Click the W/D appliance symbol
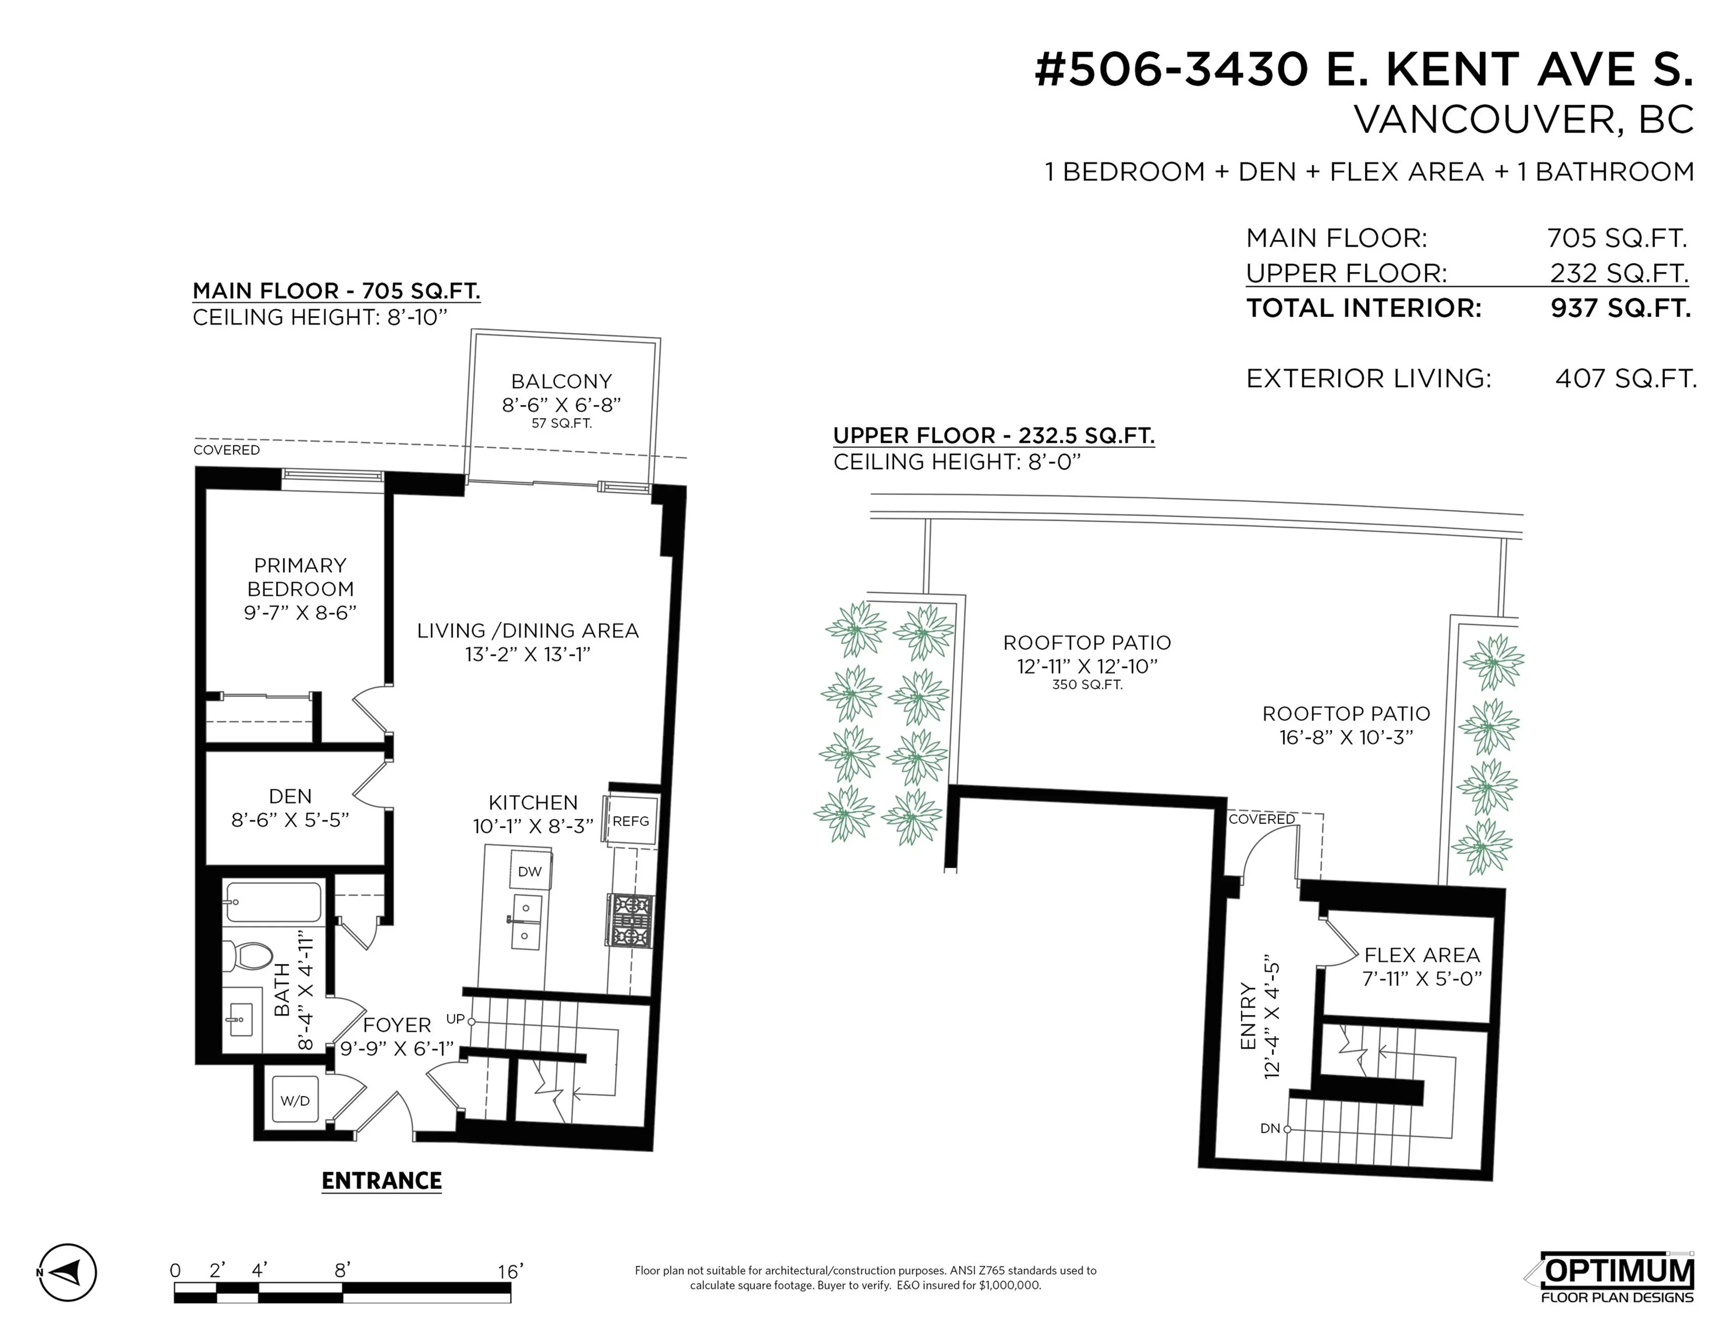pyautogui.click(x=295, y=1100)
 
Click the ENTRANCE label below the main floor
pyautogui.click(x=381, y=1182)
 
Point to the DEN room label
pyautogui.click(x=290, y=796)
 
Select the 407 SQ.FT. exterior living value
pyautogui.click(x=1625, y=378)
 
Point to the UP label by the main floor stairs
pyautogui.click(x=455, y=1018)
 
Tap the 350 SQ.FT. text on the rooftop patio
pyautogui.click(x=1087, y=685)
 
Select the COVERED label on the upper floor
pyautogui.click(x=1261, y=819)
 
